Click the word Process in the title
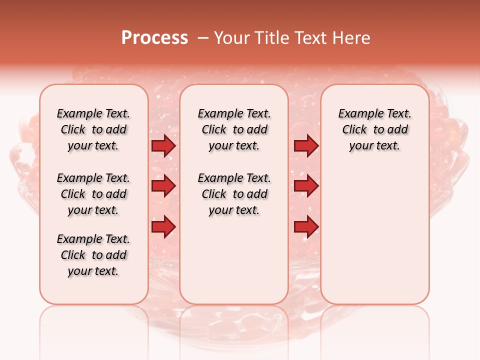point(154,38)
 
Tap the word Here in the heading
point(352,38)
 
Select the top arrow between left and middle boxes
point(163,146)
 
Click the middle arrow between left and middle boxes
point(163,186)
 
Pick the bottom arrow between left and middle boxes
point(163,226)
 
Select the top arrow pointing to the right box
point(306,146)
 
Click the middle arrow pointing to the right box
point(306,186)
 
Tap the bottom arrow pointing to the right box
point(306,226)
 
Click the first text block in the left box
point(93,129)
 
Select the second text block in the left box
point(93,194)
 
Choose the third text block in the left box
point(93,255)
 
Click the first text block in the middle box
point(234,129)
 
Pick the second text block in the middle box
point(234,194)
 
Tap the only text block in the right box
point(375,129)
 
